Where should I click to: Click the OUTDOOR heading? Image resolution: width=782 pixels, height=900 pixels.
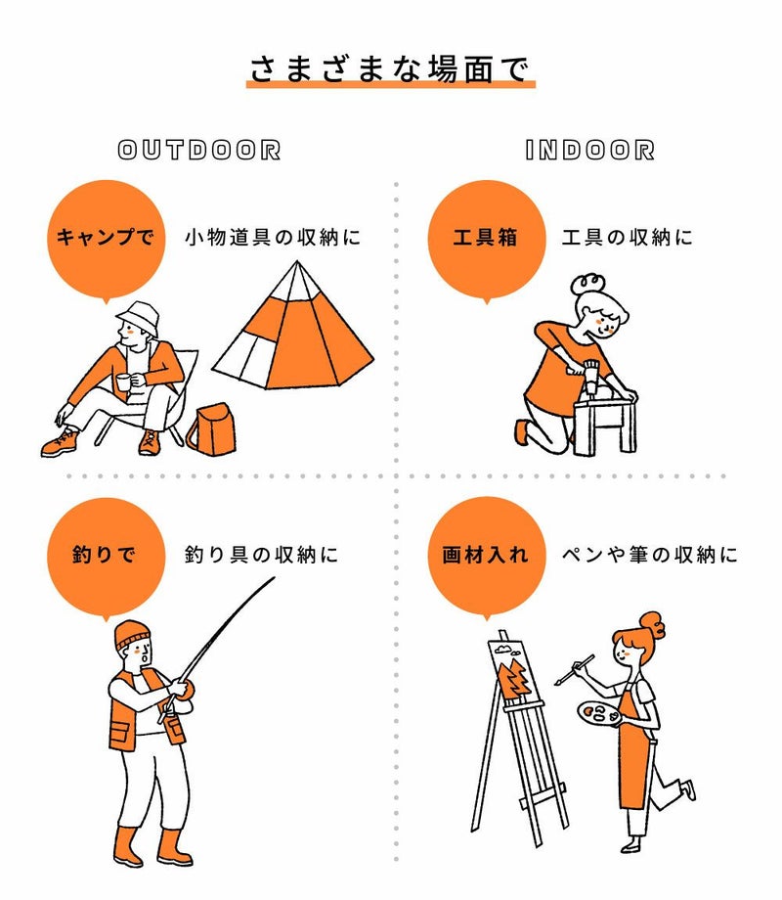tap(199, 151)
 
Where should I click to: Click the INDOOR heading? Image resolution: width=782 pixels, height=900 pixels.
tap(589, 151)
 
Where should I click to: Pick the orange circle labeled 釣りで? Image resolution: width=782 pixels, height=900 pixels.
tap(107, 557)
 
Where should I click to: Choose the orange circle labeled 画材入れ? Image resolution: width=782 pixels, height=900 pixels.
tap(487, 557)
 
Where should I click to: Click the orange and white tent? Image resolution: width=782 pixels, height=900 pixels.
tap(292, 330)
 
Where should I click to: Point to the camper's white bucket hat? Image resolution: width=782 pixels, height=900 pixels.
tap(138, 317)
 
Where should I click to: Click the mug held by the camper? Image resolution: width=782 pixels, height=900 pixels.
tap(123, 382)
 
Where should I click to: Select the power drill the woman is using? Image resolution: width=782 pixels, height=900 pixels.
tap(589, 376)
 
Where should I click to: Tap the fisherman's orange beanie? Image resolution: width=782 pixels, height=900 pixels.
tap(132, 635)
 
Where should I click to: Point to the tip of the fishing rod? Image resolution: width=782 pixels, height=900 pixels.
tap(275, 578)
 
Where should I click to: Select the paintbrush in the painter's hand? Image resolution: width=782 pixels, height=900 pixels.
tap(575, 669)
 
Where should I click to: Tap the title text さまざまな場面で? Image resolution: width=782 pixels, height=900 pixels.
tap(390, 68)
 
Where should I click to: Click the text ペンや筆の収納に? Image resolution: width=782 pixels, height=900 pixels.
tap(649, 555)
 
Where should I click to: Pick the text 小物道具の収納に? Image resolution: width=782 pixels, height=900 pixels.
tap(273, 237)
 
